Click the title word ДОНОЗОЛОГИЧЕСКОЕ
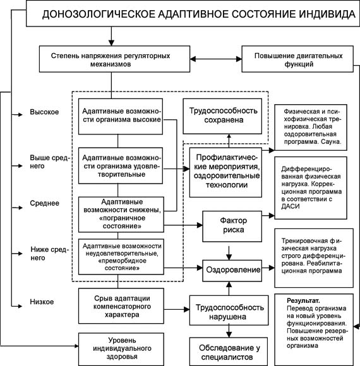tap(99, 14)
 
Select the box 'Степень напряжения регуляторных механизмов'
tap(114, 59)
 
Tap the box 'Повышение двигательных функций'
tap(297, 59)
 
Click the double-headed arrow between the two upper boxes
tap(216, 59)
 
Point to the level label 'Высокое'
tap(44, 112)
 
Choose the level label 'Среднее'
tap(44, 203)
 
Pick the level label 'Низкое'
tap(42, 302)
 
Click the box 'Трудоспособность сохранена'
tap(222, 116)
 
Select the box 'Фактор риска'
tap(232, 226)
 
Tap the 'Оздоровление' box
tap(232, 270)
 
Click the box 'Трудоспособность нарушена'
tap(229, 310)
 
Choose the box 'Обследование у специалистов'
tap(229, 351)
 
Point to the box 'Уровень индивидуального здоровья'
tap(121, 349)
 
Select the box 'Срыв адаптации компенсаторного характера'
tap(121, 306)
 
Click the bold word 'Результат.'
tap(303, 300)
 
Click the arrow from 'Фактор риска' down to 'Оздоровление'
tap(229, 253)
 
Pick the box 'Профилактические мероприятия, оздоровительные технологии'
tap(225, 172)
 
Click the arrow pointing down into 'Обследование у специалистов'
tap(229, 331)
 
